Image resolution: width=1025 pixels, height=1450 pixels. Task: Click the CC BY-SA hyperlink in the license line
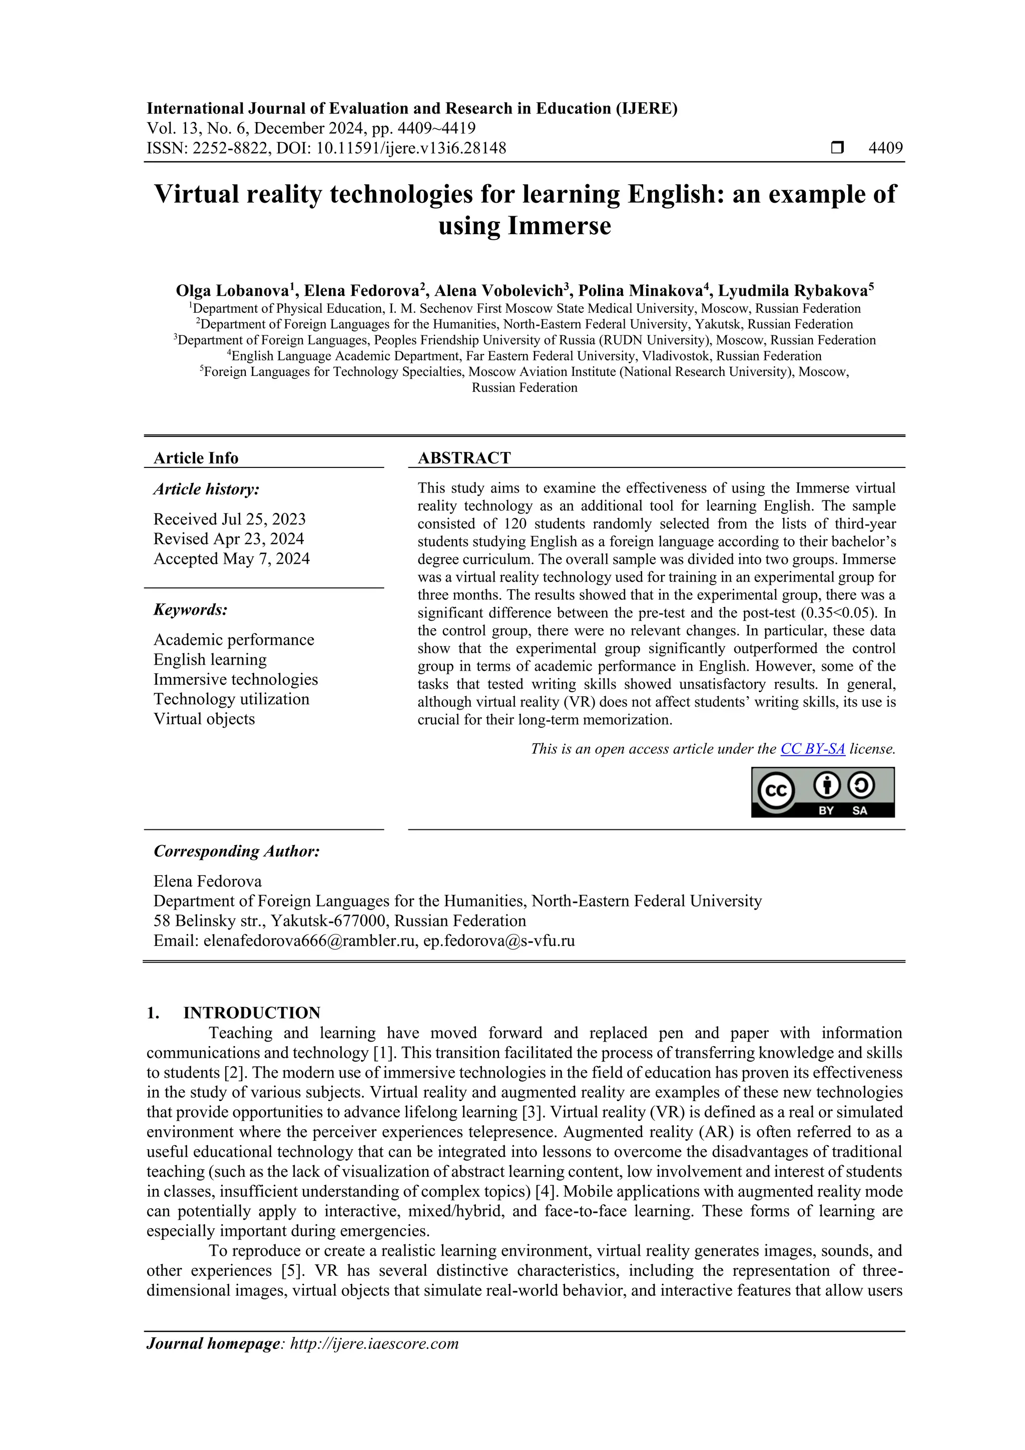[812, 749]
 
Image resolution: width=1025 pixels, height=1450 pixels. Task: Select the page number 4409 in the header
[885, 149]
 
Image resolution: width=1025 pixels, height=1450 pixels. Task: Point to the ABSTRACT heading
[463, 458]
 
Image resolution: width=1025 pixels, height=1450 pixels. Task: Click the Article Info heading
[196, 458]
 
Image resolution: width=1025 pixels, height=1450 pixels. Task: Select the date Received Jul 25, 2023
[229, 519]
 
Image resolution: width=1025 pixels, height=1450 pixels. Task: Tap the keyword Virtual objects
[204, 719]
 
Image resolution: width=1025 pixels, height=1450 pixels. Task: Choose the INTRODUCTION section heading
[251, 1013]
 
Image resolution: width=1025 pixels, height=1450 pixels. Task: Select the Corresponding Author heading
[237, 851]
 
